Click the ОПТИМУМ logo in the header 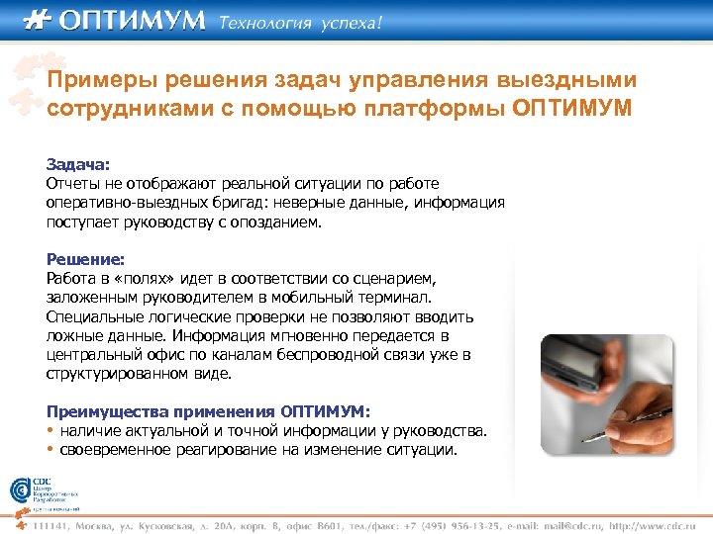click(114, 21)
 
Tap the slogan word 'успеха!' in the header click(349, 23)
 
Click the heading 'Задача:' click(78, 165)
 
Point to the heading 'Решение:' click(85, 260)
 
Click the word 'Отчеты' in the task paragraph click(72, 184)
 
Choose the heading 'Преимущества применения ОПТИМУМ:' click(209, 411)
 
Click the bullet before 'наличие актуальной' click(51, 431)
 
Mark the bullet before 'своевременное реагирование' click(51, 450)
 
